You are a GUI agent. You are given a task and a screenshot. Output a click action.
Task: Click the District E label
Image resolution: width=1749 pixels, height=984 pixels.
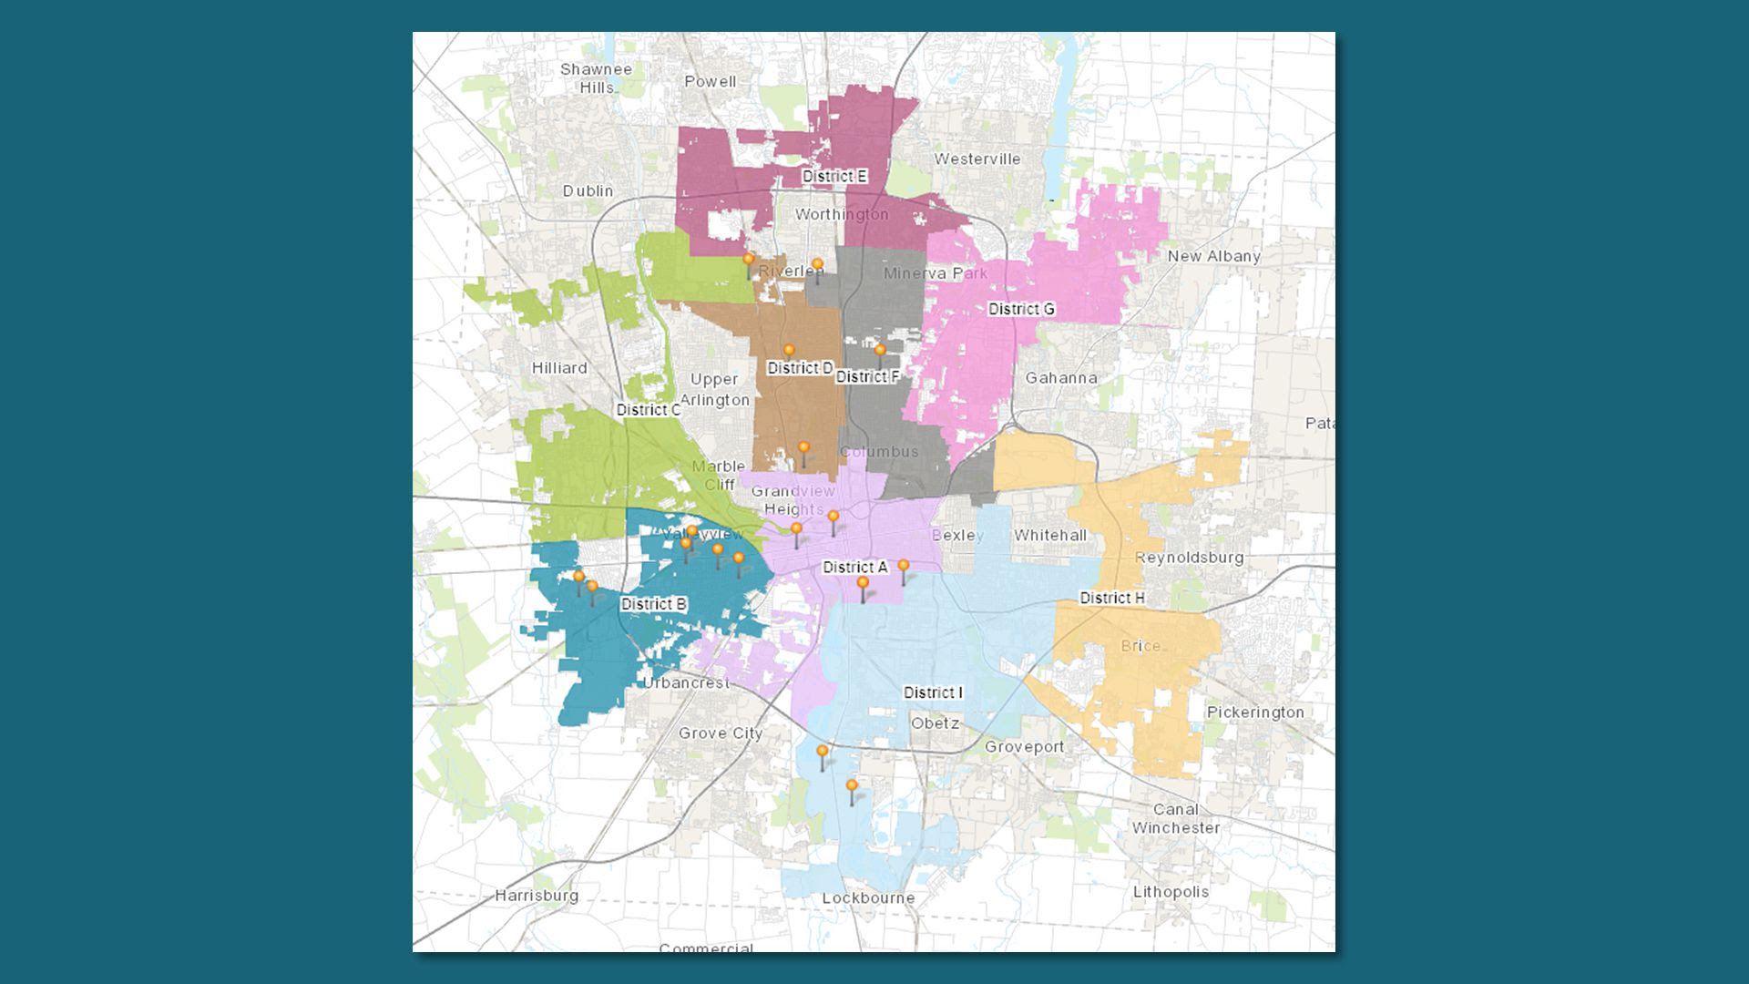point(834,176)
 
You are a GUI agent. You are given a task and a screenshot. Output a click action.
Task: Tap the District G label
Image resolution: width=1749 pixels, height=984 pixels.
point(1021,309)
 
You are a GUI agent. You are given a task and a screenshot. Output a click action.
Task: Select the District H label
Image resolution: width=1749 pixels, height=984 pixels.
point(1111,598)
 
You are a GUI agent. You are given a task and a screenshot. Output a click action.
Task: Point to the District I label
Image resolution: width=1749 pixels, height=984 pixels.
point(933,692)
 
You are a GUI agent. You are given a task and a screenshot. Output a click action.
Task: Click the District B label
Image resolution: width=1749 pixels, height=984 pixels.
point(653,604)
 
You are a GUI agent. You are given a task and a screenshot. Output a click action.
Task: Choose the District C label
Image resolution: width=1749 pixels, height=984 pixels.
point(648,410)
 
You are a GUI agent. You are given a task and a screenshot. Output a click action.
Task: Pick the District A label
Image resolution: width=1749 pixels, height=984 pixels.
point(854,567)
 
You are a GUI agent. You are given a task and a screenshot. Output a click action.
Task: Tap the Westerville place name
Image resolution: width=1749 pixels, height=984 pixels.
point(977,159)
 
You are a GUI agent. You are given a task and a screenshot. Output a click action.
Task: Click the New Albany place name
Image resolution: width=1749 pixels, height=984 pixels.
point(1213,256)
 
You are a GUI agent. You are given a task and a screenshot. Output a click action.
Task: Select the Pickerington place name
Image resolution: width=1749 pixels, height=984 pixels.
point(1255,712)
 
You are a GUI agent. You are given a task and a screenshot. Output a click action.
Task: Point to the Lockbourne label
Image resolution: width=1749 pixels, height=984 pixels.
point(868,897)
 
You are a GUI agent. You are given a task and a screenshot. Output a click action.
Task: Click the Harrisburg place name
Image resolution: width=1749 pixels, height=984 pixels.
point(537,896)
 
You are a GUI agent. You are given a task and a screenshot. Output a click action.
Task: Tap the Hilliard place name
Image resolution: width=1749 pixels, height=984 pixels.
point(559,368)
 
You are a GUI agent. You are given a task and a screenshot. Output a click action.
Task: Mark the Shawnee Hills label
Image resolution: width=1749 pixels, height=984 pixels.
point(596,78)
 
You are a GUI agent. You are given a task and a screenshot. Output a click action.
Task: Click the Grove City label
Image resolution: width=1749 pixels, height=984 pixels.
point(720,733)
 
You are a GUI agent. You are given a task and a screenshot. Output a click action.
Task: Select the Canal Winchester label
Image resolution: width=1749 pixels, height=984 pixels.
point(1175,818)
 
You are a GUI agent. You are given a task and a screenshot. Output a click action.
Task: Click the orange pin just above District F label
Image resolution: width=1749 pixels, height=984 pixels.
point(880,351)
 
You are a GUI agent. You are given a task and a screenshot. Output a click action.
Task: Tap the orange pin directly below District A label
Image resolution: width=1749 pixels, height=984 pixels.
point(863,583)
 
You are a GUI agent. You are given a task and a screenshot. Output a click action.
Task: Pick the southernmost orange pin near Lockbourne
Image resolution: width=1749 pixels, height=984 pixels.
point(852,786)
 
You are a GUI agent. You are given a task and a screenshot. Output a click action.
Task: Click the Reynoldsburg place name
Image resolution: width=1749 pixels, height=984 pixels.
point(1189,557)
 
